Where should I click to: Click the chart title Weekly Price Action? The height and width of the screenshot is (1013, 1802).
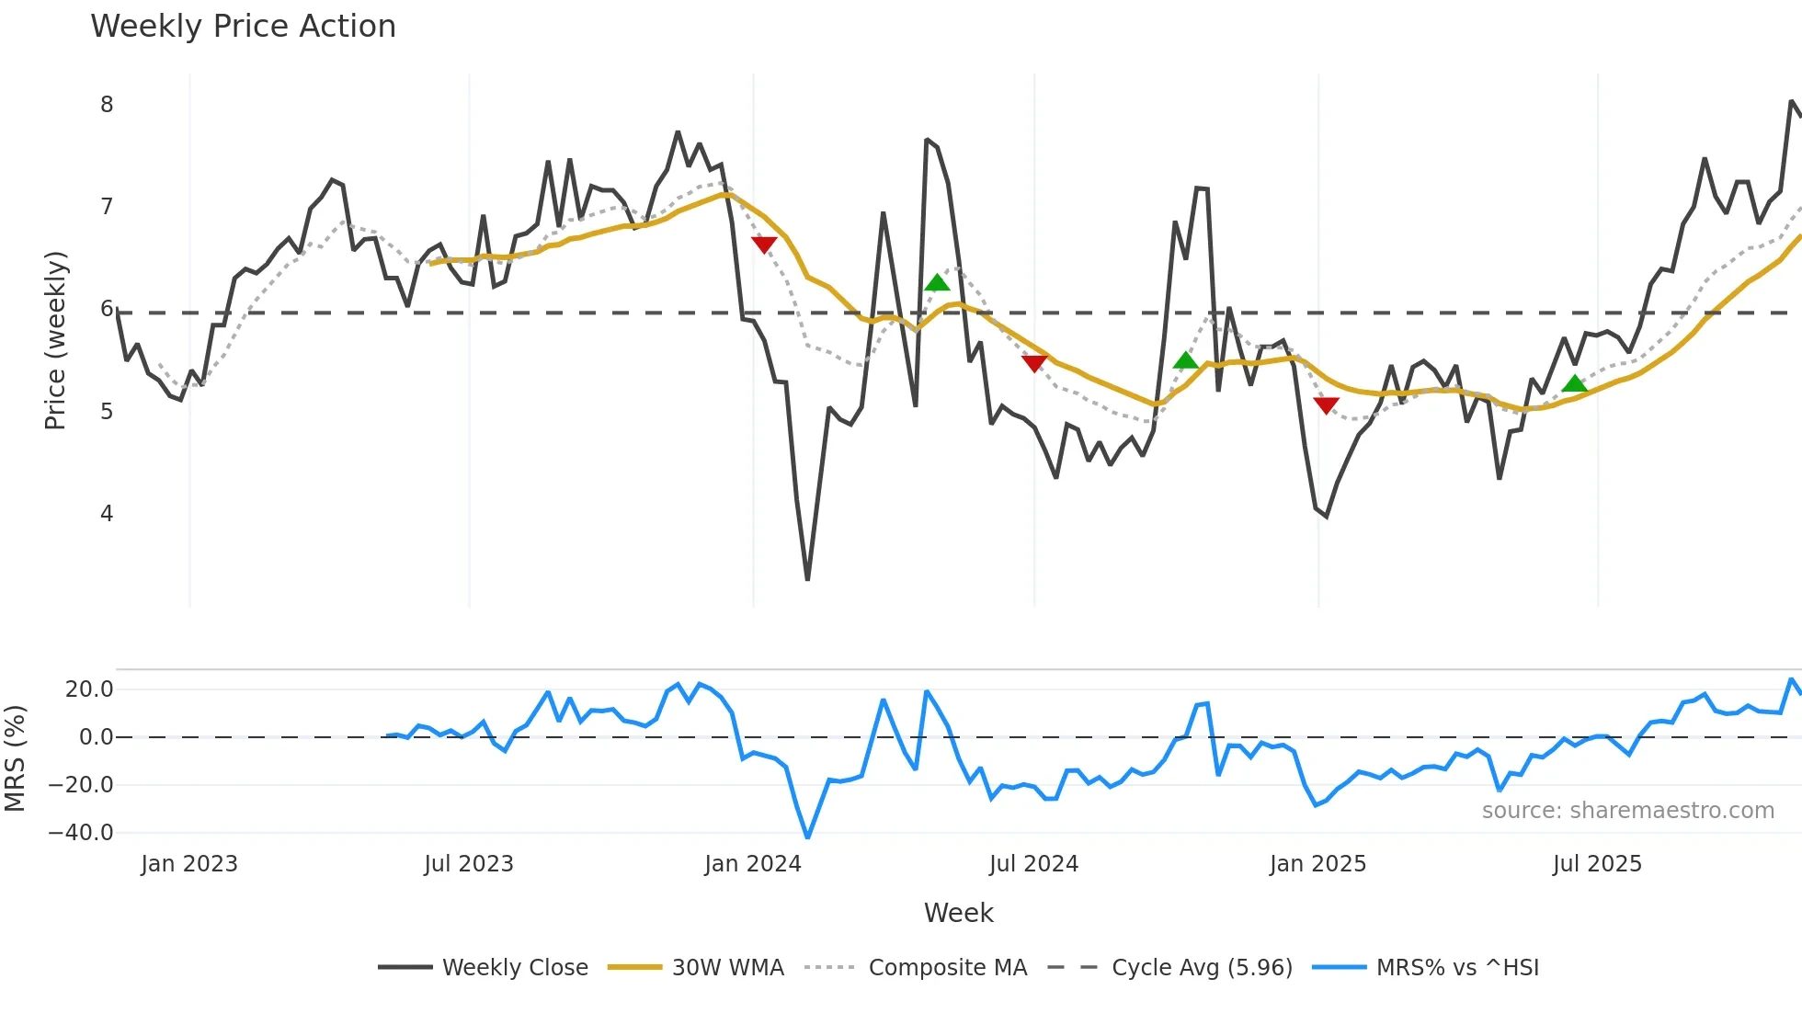(243, 27)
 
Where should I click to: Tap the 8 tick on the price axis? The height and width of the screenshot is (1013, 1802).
(107, 105)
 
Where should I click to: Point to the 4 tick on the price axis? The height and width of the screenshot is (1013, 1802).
(107, 514)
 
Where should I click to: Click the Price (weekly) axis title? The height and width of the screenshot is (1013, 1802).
(55, 340)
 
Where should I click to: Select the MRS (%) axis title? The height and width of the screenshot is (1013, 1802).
(15, 758)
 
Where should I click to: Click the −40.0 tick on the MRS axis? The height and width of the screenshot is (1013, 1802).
(81, 833)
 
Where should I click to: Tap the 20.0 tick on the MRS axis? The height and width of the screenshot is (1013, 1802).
(89, 689)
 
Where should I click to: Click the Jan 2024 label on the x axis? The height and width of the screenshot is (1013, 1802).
(753, 864)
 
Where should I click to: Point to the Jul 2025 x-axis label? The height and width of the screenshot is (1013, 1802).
(1597, 864)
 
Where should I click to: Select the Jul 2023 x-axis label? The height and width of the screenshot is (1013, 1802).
(469, 864)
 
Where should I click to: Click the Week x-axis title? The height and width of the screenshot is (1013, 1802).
(958, 913)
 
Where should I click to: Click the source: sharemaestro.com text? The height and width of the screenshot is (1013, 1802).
(1627, 811)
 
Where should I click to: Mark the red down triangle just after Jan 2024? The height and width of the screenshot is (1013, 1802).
(764, 245)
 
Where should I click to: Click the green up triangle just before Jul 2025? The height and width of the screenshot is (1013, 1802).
(1575, 383)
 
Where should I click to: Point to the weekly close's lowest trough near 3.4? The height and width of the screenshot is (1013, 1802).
(807, 578)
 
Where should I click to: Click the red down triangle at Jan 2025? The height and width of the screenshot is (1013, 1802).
(1326, 405)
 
